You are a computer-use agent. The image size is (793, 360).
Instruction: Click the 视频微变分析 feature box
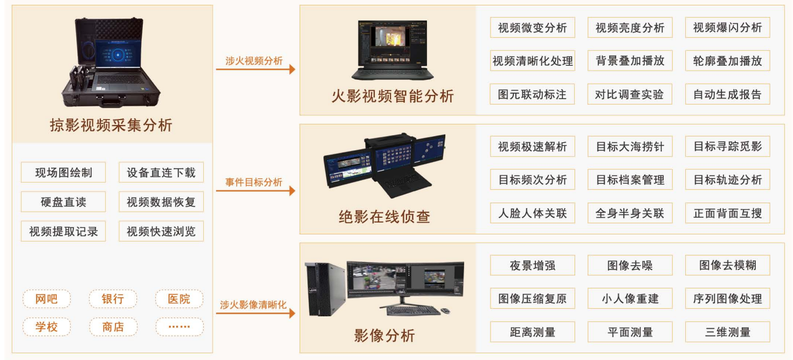click(532, 27)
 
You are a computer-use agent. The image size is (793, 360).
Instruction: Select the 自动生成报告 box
click(727, 94)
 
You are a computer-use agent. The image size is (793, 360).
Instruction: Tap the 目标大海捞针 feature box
click(630, 146)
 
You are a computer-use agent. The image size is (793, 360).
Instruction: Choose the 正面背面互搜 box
click(727, 213)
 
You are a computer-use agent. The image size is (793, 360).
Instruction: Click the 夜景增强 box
click(532, 265)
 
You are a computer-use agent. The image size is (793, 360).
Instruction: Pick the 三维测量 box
click(727, 331)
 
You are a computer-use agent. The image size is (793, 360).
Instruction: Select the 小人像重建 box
click(630, 299)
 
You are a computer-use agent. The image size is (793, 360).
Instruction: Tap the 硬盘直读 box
click(64, 202)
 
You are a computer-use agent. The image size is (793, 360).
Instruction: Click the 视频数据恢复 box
click(161, 202)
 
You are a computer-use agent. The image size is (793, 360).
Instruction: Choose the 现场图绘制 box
click(64, 172)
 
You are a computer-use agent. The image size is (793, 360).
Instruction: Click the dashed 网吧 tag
click(47, 299)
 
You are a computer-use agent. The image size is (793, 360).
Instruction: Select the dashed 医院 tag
click(179, 299)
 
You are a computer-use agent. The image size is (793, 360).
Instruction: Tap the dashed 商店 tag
click(113, 327)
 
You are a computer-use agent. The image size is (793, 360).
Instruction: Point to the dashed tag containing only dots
click(179, 327)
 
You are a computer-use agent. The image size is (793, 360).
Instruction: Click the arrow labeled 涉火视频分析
click(256, 69)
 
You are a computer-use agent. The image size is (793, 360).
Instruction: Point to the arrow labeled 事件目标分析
click(256, 191)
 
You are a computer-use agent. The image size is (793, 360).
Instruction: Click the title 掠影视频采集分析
click(111, 126)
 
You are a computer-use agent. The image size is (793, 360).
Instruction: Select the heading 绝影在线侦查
click(384, 217)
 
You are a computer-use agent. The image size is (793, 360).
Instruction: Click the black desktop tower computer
click(325, 289)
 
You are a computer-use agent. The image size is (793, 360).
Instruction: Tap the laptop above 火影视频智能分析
click(392, 50)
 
